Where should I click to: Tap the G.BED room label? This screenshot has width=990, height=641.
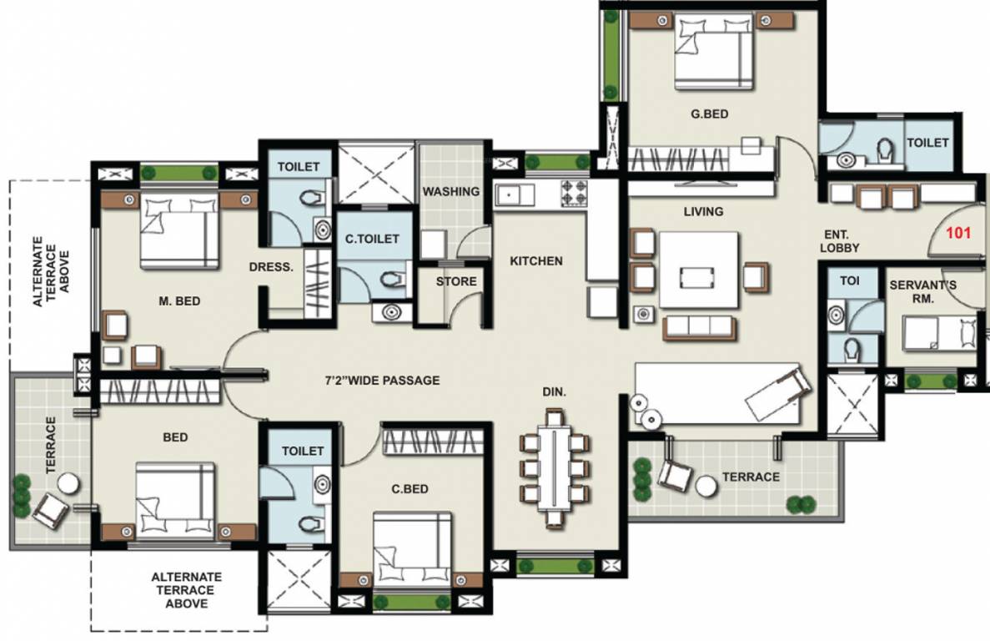(710, 114)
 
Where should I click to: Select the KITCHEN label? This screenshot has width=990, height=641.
(536, 261)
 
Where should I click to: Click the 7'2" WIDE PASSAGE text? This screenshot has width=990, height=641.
(382, 381)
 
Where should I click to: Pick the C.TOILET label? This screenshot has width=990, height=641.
(372, 240)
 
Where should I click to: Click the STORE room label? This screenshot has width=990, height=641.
(456, 281)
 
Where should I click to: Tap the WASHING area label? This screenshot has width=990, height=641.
(450, 191)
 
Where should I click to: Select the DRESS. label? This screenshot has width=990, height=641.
(271, 268)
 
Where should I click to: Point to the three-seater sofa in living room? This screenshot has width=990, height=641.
(700, 328)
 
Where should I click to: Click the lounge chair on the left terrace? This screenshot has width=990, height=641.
(50, 507)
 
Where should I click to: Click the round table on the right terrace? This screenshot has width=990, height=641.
(707, 485)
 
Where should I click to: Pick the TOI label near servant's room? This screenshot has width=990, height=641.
(849, 281)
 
